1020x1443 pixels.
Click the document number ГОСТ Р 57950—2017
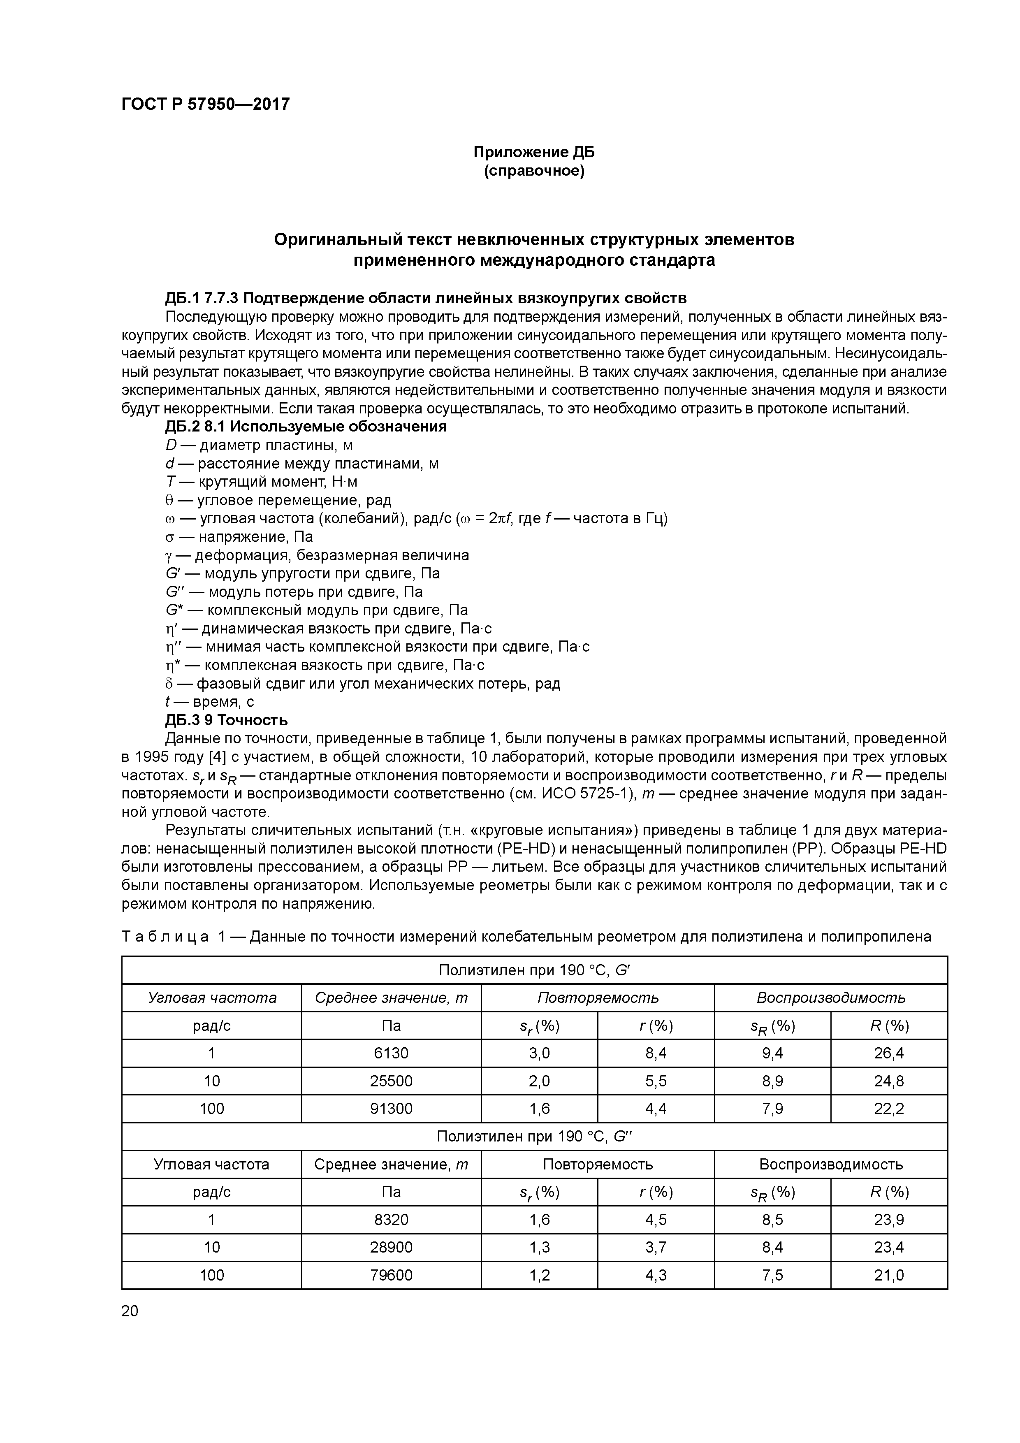tap(206, 104)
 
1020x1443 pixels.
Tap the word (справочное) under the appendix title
tap(533, 171)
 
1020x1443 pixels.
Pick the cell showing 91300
tap(391, 1109)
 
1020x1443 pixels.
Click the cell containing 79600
tap(391, 1275)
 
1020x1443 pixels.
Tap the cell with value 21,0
tap(888, 1275)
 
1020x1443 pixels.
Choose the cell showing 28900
tap(391, 1248)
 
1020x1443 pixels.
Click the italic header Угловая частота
tap(212, 998)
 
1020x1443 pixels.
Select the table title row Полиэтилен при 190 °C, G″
tap(533, 1136)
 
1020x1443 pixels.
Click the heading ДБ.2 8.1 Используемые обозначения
tap(306, 427)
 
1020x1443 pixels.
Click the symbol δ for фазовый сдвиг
tap(169, 684)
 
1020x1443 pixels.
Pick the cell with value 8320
tap(391, 1220)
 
